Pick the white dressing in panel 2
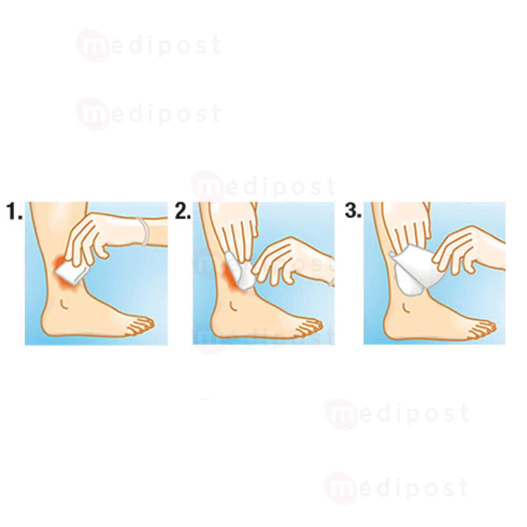pos(237,270)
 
